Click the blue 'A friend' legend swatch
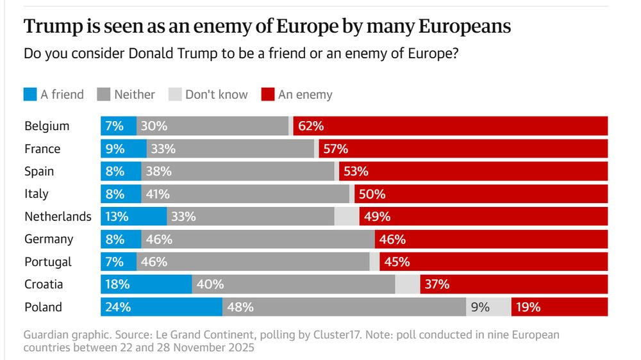30,95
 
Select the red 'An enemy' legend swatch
268,95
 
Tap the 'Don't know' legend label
216,95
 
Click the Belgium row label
47,126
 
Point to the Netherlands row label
58,217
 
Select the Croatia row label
44,284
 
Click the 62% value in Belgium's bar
311,126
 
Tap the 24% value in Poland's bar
119,307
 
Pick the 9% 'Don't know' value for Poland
480,307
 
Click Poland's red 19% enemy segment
559,307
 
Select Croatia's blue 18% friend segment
146,284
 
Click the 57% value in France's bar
335,149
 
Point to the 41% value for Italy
158,194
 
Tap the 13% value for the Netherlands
117,217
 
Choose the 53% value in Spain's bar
356,171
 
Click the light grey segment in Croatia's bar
408,284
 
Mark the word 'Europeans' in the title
465,27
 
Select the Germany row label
49,239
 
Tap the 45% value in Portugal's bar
397,261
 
